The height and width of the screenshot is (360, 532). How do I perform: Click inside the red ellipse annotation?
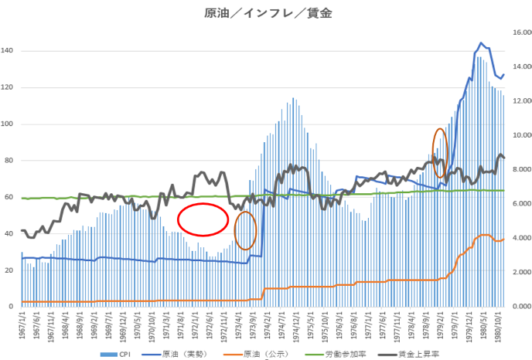click(203, 219)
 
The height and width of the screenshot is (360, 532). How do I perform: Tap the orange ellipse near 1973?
click(245, 230)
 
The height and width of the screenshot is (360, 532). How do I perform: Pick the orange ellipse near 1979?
click(440, 153)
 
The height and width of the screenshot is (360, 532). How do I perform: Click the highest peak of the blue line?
click(481, 43)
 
